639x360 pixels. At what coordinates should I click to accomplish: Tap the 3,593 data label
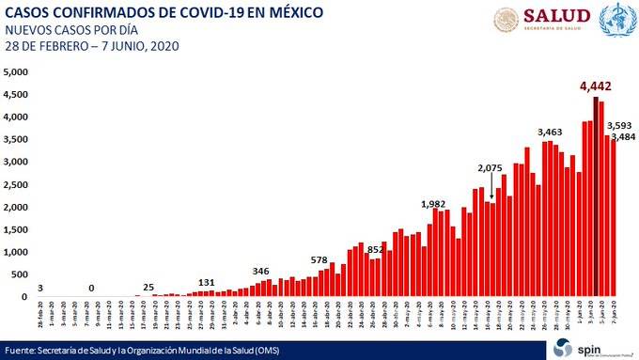[x=618, y=125]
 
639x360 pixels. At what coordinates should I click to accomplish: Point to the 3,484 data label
[x=623, y=137]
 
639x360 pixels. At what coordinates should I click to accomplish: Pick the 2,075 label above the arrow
[x=491, y=168]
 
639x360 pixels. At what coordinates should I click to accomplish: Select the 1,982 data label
[x=434, y=203]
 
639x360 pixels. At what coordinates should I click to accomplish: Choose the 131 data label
[x=207, y=282]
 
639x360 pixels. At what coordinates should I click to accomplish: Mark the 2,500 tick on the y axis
[x=16, y=185]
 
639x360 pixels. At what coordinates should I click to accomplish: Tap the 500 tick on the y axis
[x=20, y=274]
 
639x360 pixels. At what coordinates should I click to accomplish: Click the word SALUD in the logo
[x=556, y=16]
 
